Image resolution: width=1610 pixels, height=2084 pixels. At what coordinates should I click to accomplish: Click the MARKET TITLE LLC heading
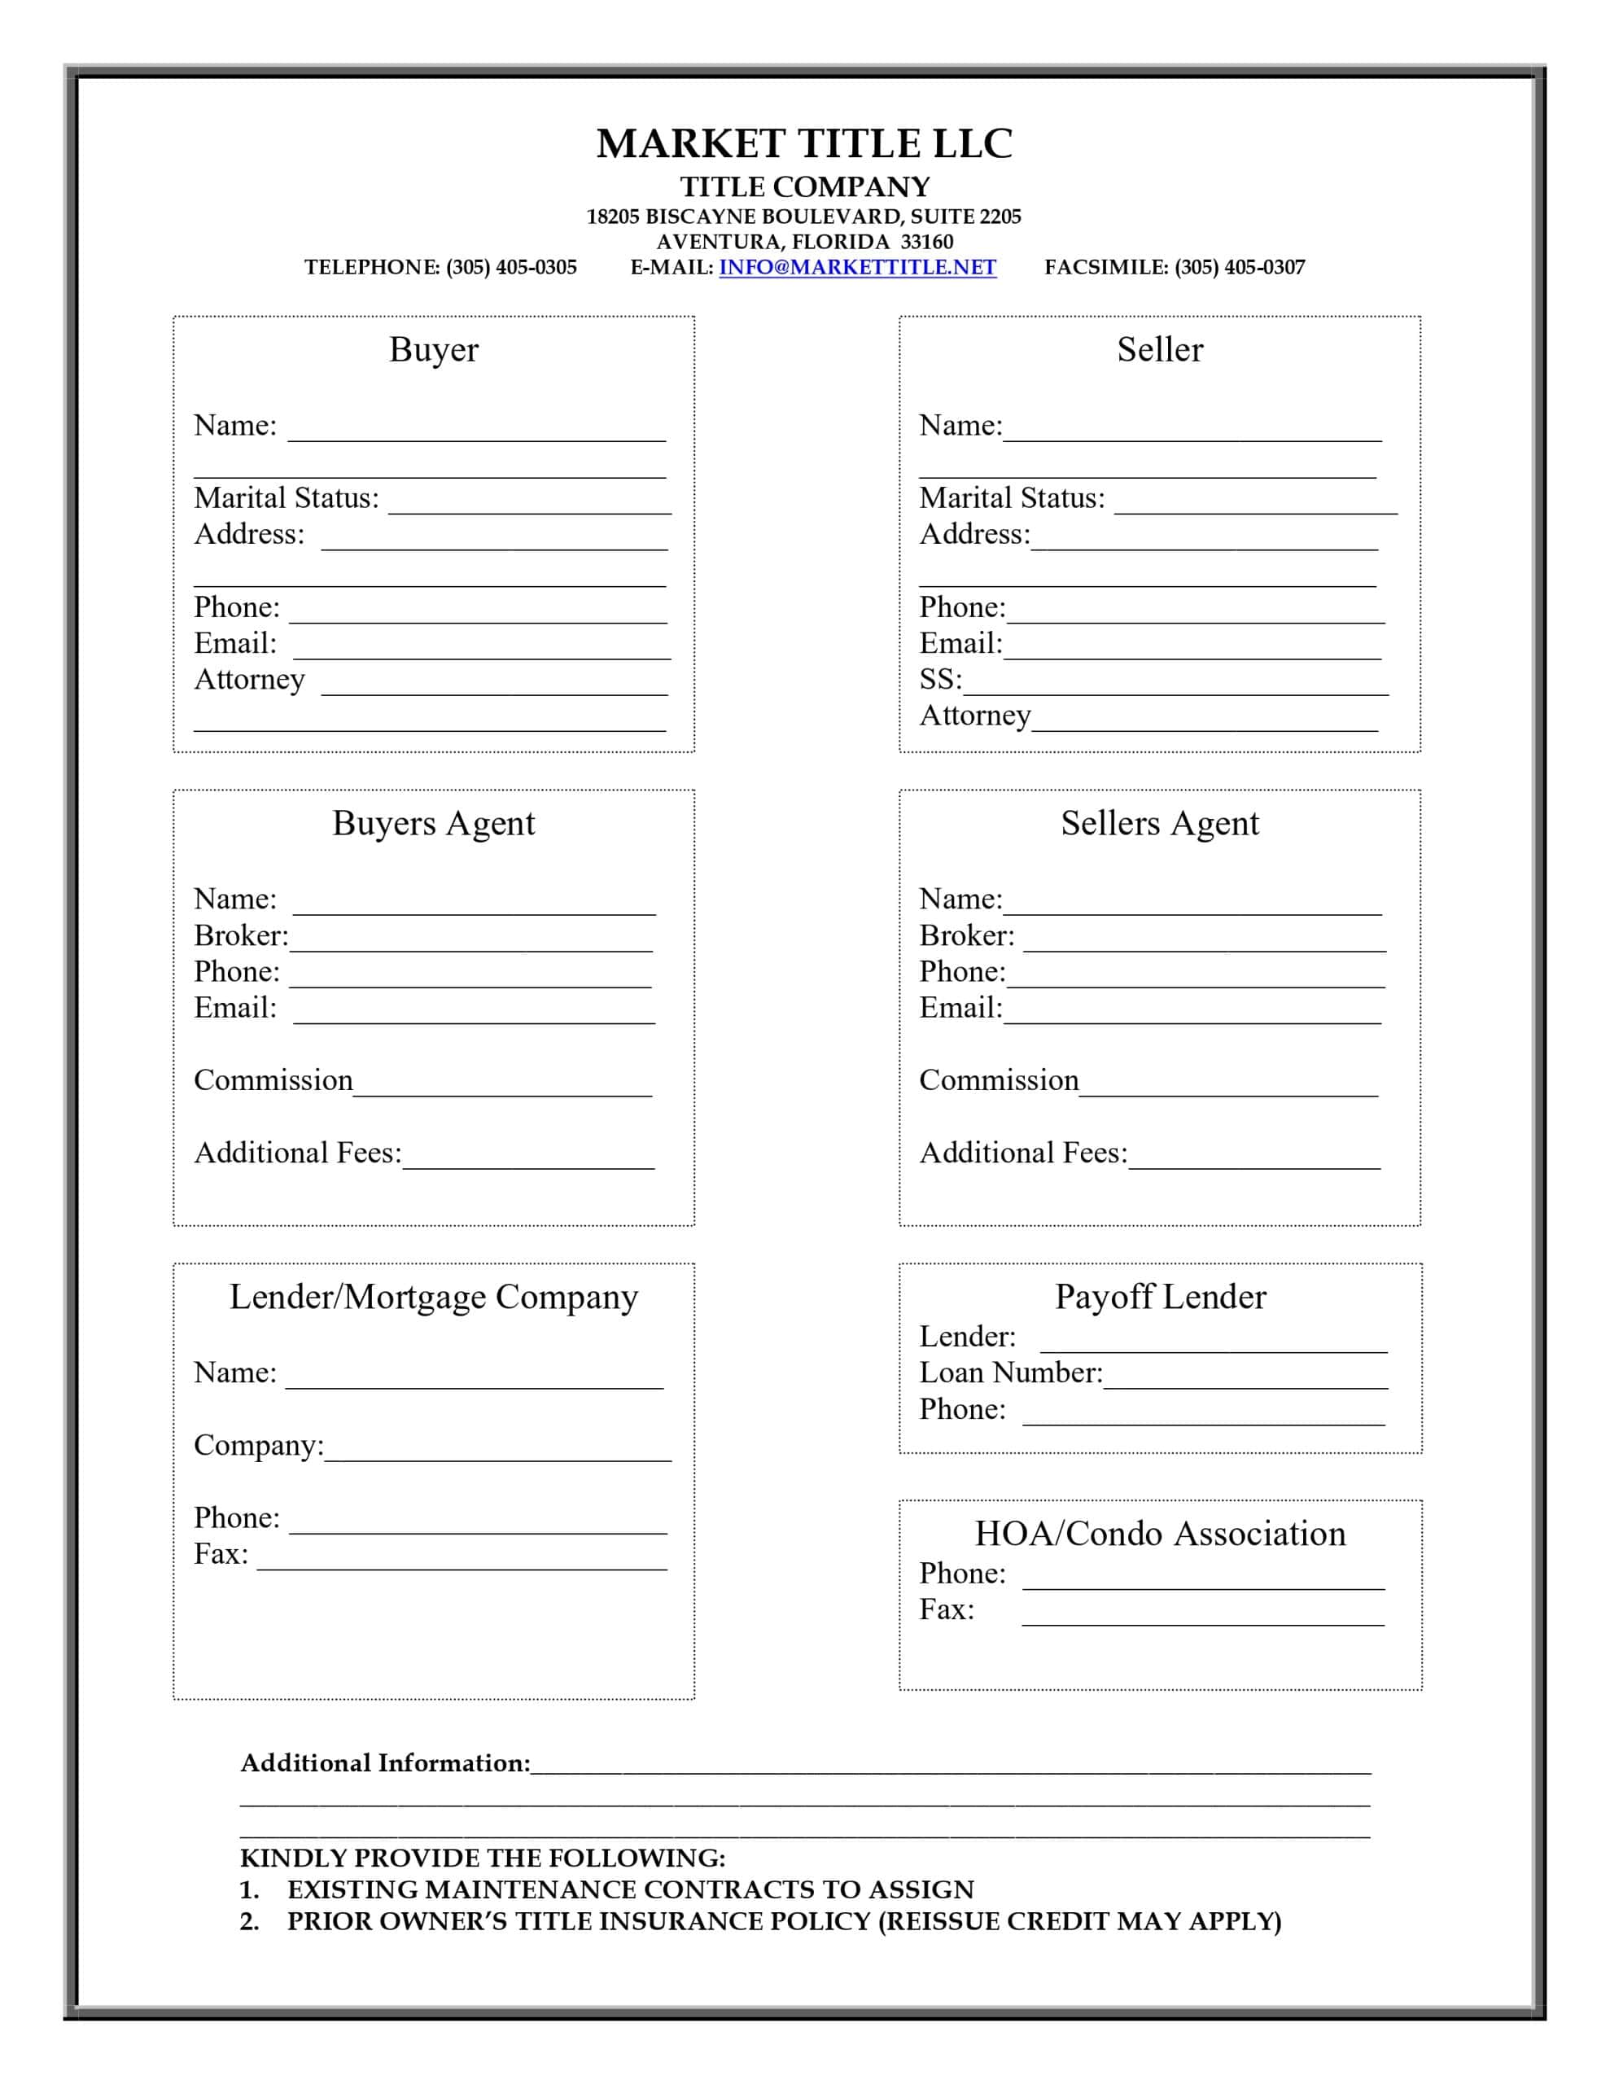tap(803, 144)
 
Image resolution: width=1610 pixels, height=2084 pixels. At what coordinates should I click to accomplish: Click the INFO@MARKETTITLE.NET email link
tap(857, 267)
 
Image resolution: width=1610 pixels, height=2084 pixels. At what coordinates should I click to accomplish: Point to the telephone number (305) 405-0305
tap(510, 267)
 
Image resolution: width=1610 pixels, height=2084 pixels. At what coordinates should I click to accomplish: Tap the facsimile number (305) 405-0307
tap(1239, 267)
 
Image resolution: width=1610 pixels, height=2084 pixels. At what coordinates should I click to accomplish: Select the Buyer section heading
tap(433, 349)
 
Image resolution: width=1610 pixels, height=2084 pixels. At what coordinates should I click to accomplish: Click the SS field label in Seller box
tap(940, 680)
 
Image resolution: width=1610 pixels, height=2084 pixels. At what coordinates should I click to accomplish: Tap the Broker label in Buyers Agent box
tap(240, 935)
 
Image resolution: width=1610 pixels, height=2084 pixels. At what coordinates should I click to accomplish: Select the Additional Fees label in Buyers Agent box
tap(298, 1153)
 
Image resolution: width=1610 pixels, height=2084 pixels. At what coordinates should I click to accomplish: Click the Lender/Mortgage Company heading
tap(433, 1297)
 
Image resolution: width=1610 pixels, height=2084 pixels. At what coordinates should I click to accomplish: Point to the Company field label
tap(259, 1445)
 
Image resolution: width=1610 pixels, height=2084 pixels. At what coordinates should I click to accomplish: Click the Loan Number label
tap(1011, 1373)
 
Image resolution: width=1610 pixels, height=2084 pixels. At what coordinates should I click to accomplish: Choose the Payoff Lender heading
tap(1160, 1297)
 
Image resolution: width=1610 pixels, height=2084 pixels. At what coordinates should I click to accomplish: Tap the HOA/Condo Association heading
tap(1160, 1534)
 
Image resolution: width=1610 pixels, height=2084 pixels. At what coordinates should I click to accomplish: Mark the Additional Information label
tap(385, 1762)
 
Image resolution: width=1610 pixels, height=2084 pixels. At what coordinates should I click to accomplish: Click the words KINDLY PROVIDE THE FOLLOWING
tap(482, 1858)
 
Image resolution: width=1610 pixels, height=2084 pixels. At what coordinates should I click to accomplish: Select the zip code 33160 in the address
tap(926, 243)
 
